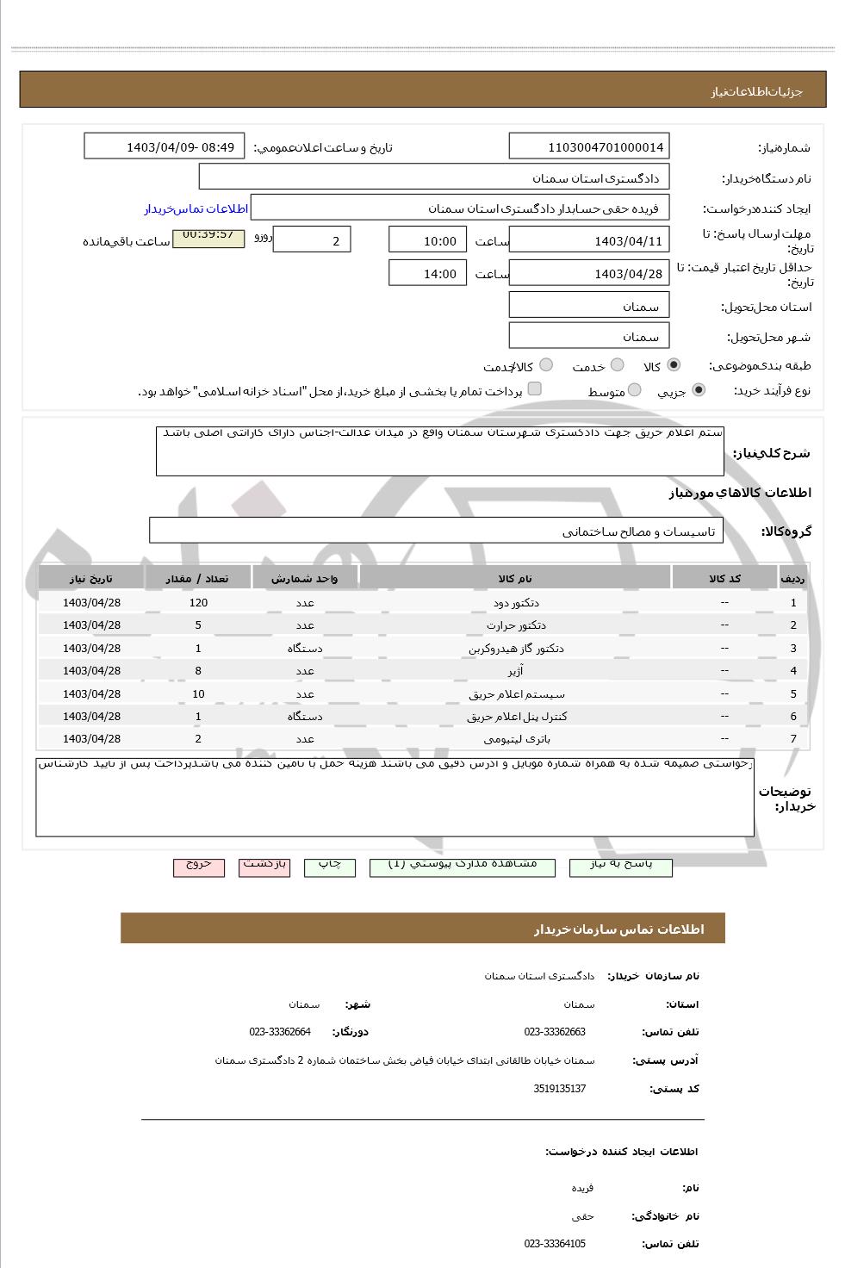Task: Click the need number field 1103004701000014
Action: coord(589,146)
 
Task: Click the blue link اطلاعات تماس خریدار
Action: coord(196,209)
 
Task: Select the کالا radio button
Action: coord(673,365)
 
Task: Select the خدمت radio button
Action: coord(617,365)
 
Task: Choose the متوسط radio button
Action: coord(634,390)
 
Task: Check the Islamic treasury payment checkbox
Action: coord(535,389)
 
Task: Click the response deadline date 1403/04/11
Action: coord(589,241)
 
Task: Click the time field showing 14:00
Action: coord(428,274)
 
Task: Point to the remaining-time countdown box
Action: coord(208,237)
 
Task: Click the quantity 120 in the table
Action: coord(198,603)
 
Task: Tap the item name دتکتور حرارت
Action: coord(515,625)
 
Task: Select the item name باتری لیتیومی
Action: coord(516,739)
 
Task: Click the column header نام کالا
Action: coord(515,578)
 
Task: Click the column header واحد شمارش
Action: coord(305,578)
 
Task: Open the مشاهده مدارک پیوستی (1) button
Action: coord(462,865)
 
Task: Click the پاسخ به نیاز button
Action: coord(620,865)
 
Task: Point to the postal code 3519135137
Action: coord(559,1089)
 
